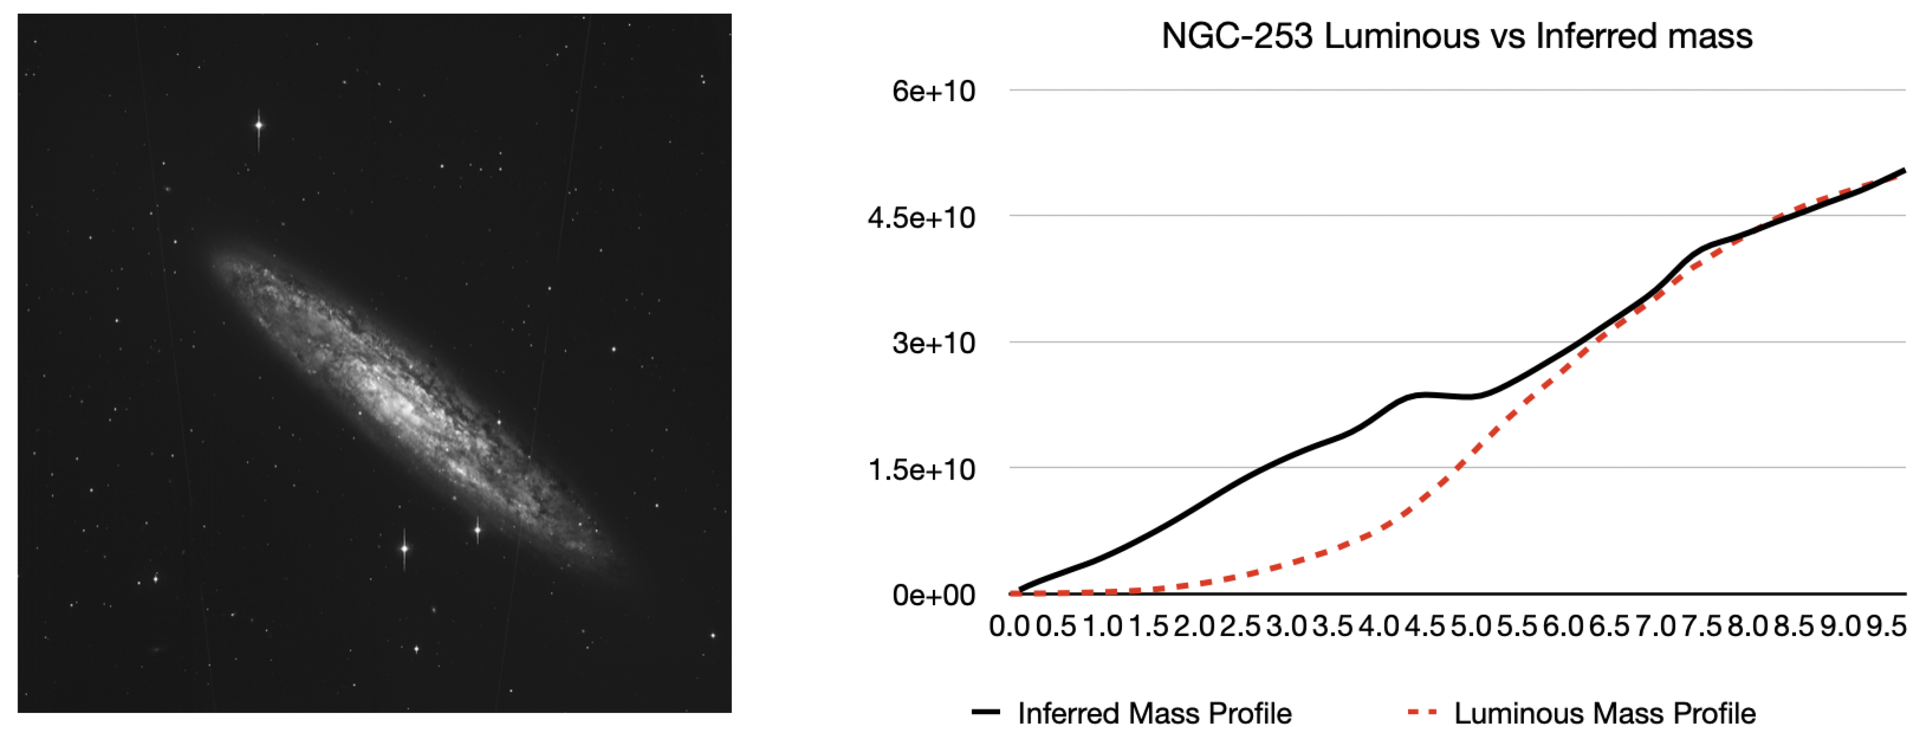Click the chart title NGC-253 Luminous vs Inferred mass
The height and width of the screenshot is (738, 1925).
[1456, 36]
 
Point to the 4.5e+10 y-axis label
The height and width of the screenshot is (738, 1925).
[922, 217]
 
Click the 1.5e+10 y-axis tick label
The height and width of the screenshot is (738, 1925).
[922, 469]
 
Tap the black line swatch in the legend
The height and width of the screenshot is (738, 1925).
[986, 712]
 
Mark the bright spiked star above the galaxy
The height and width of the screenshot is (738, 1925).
[259, 125]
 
